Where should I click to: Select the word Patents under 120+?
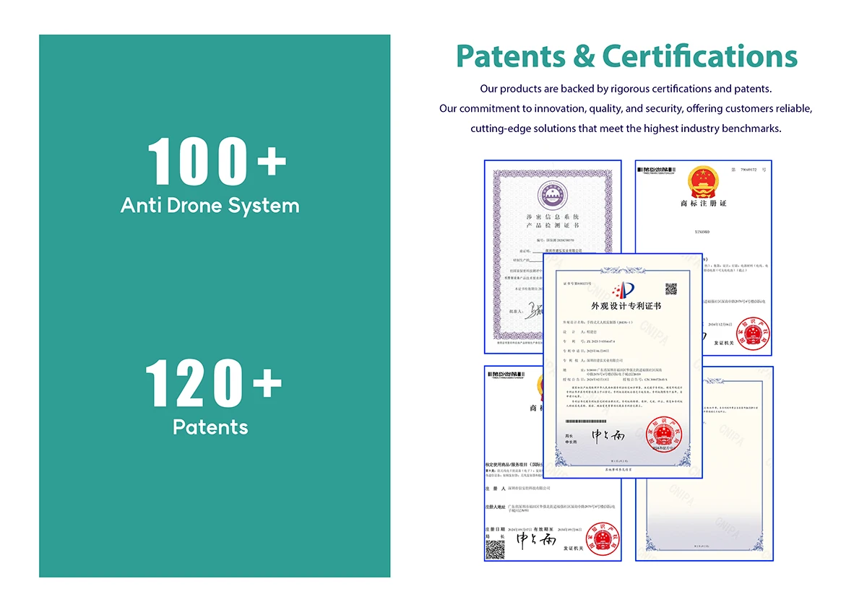(x=210, y=427)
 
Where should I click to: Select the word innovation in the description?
(x=560, y=109)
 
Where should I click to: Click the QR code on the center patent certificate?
(x=671, y=289)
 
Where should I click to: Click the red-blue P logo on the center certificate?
(x=622, y=290)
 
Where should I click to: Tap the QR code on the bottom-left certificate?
(x=494, y=550)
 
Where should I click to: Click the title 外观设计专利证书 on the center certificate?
(x=626, y=306)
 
